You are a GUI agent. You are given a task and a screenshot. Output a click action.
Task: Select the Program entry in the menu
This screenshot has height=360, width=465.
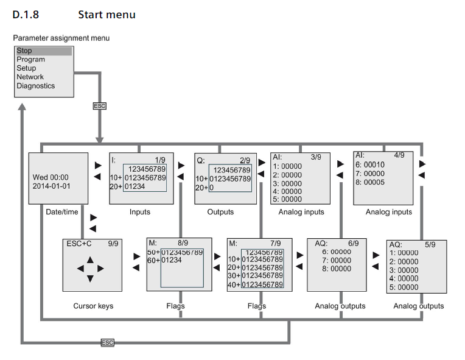30,60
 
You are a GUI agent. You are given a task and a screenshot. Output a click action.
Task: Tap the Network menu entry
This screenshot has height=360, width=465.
30,77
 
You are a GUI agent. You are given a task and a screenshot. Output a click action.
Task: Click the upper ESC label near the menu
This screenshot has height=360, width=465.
99,106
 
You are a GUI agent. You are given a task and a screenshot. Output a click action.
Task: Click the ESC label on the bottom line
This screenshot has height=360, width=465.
107,343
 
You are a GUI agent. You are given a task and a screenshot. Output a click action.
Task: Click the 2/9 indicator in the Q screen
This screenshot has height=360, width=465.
245,160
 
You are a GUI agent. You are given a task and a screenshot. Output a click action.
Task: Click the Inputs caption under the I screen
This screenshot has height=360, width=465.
139,212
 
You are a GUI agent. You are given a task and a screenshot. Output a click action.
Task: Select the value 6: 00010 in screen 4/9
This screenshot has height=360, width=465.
371,165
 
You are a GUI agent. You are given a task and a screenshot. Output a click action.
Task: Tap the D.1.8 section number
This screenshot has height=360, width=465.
24,14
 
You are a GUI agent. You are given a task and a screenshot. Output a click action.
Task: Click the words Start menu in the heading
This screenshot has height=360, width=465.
107,14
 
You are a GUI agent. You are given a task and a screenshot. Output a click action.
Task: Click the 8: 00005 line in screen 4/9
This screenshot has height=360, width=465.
371,182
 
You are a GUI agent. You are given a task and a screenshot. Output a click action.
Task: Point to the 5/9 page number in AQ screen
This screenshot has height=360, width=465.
430,245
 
